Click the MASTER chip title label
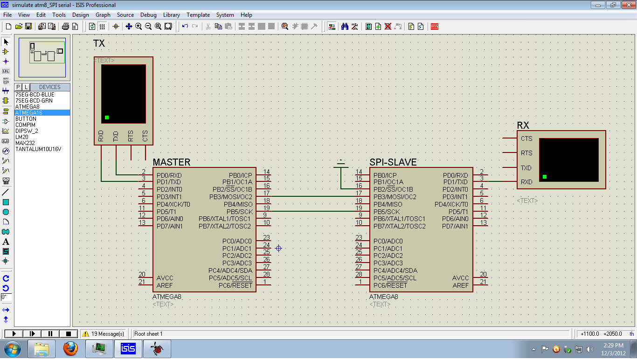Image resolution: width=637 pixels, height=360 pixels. [x=171, y=162]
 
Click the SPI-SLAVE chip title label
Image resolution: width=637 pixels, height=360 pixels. [x=393, y=162]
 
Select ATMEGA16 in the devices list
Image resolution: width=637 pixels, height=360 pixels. [x=28, y=113]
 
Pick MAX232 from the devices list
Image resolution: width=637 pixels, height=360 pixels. [x=25, y=143]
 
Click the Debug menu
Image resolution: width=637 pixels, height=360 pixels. [x=148, y=15]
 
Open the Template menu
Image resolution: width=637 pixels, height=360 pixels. [x=198, y=15]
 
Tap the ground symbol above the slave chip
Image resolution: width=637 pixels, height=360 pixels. [x=341, y=163]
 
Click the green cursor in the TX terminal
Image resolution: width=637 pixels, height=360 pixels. [x=107, y=118]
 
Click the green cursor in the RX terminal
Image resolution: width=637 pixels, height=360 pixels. [x=544, y=177]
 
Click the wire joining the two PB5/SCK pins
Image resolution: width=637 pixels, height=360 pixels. [x=312, y=212]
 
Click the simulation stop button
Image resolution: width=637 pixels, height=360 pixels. [x=69, y=334]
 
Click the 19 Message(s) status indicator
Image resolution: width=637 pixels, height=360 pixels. [x=104, y=334]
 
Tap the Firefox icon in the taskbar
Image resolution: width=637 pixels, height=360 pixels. [x=70, y=348]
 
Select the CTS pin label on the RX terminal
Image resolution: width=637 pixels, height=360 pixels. [x=526, y=138]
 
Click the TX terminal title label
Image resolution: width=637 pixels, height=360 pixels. [x=99, y=43]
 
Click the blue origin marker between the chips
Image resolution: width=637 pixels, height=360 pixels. [x=278, y=248]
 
